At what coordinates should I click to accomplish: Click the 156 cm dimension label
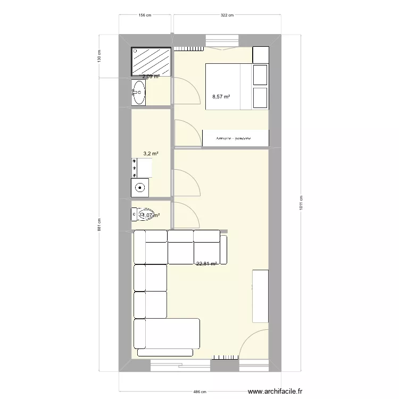pyautogui.click(x=145, y=15)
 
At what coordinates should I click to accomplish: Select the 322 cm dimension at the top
pyautogui.click(x=227, y=15)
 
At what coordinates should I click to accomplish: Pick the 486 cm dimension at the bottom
pyautogui.click(x=198, y=392)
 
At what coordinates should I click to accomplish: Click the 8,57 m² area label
pyautogui.click(x=221, y=97)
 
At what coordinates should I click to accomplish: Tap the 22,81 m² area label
pyautogui.click(x=206, y=263)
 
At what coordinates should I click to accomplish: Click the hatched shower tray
pyautogui.click(x=152, y=61)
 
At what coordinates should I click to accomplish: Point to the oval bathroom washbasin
pyautogui.click(x=139, y=93)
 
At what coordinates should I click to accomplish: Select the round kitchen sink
pyautogui.click(x=140, y=187)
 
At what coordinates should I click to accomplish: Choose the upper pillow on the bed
pyautogui.click(x=260, y=74)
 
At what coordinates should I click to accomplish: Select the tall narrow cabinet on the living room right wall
pyautogui.click(x=261, y=296)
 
